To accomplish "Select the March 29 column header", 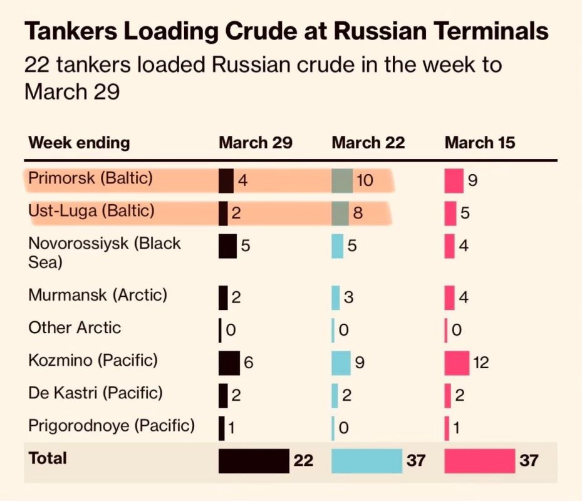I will [255, 143].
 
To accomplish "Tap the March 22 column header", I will [368, 143].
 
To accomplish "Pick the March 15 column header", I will [479, 143].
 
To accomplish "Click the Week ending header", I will [79, 143].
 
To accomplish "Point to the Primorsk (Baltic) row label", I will [91, 179].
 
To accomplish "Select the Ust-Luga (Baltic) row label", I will [91, 212].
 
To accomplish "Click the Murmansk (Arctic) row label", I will [98, 294].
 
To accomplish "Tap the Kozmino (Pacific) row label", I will [93, 360].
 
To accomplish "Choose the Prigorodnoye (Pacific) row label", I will [112, 426].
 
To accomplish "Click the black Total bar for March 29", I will [254, 461].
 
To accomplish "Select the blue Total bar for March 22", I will [366, 461].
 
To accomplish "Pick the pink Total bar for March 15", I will [479, 461].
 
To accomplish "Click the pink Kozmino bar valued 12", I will [457, 363].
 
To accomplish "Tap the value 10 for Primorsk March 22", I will [364, 181].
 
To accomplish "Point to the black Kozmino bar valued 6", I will [229, 363].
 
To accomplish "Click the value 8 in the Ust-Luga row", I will [358, 214].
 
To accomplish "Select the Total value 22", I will [303, 461].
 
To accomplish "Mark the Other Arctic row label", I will [75, 328].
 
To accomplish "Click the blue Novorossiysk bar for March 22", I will [338, 245].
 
